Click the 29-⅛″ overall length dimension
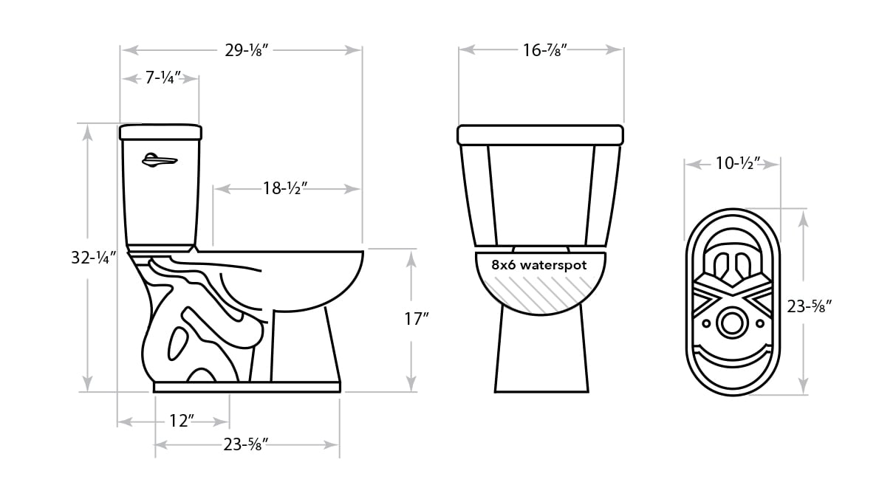coord(246,50)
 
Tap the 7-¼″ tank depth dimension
coord(163,78)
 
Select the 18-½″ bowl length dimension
coord(285,188)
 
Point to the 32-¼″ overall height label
coord(94,258)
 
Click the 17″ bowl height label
coord(417,319)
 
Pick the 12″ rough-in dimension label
coord(182,421)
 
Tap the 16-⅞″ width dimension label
coord(545,50)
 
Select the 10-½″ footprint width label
coord(738,163)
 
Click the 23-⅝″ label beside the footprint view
coord(809,306)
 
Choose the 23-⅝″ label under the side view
coord(245,444)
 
